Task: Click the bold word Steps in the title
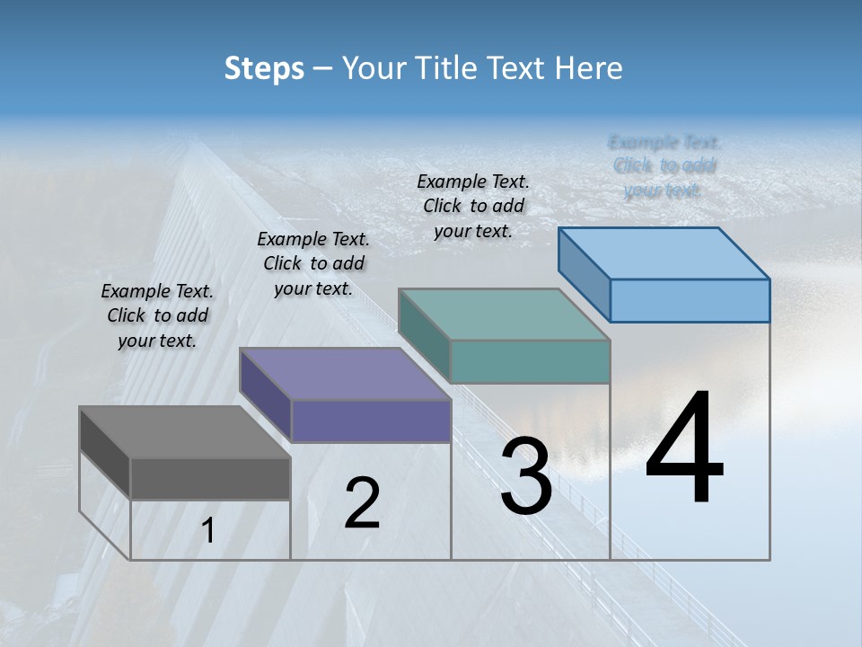click(263, 68)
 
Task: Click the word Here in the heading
click(589, 68)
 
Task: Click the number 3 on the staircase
click(525, 476)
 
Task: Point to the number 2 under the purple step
click(362, 503)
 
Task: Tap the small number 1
click(208, 531)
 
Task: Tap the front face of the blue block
click(690, 300)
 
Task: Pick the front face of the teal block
click(530, 361)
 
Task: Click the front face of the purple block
click(371, 421)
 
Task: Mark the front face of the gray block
click(210, 478)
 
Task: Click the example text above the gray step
click(157, 315)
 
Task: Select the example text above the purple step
click(313, 263)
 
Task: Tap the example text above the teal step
click(473, 206)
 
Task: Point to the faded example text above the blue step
click(664, 165)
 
